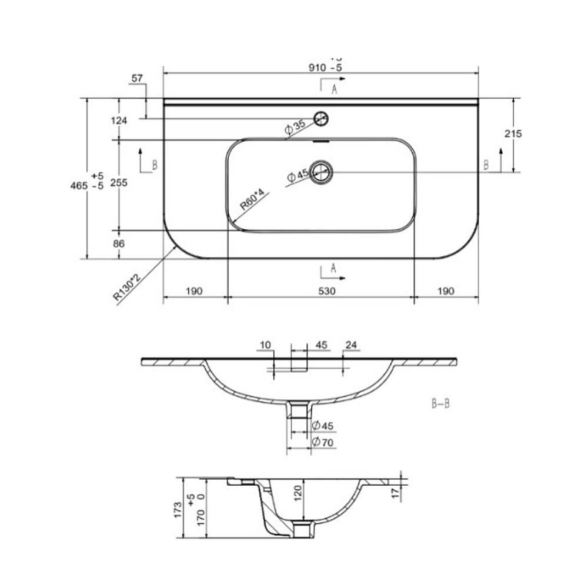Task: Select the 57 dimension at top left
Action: click(137, 78)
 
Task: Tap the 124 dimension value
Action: click(119, 121)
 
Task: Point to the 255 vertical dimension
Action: click(119, 183)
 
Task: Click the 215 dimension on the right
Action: click(513, 133)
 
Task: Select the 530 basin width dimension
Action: click(320, 290)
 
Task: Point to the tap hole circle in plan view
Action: click(321, 118)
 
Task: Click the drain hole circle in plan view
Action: click(322, 172)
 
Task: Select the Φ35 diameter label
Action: click(295, 126)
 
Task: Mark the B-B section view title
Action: click(440, 404)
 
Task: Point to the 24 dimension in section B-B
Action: click(352, 345)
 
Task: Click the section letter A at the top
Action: click(334, 89)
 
